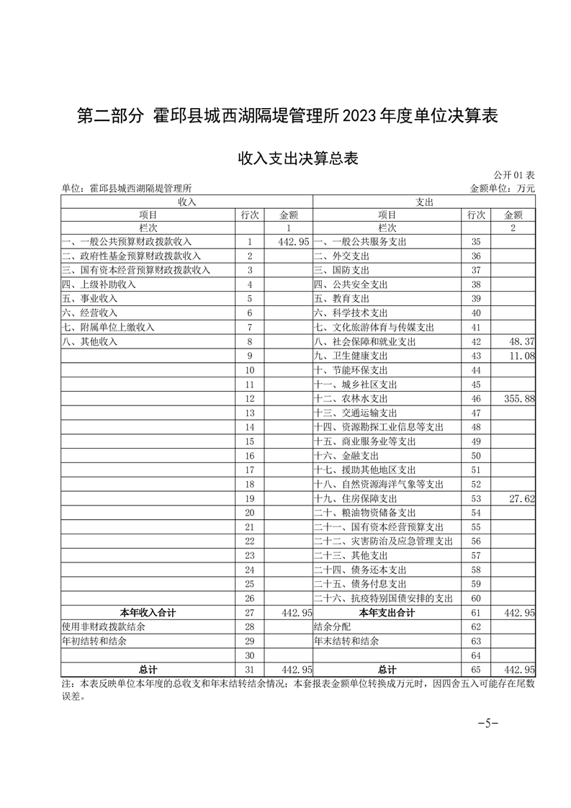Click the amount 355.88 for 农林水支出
click(518, 398)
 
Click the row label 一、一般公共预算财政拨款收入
click(127, 242)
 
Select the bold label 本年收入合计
click(148, 612)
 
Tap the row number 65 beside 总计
click(475, 669)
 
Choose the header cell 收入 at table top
click(186, 202)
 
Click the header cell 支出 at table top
click(425, 202)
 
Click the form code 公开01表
click(514, 175)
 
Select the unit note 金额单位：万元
click(503, 189)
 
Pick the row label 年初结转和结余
click(89, 640)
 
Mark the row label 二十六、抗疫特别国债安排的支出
click(383, 598)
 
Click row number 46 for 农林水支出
click(475, 398)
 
